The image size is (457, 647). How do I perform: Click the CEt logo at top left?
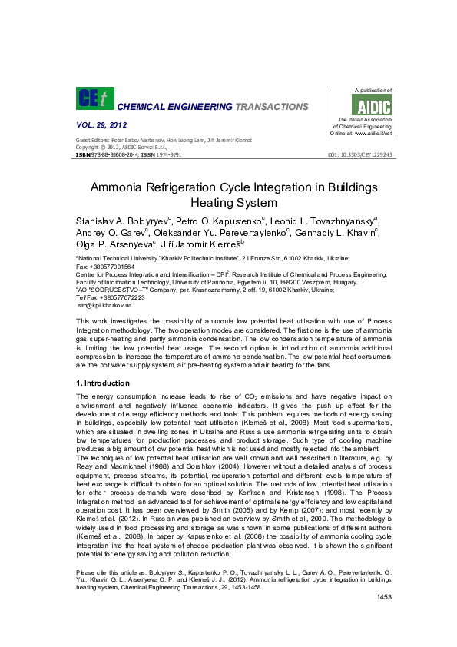tap(93, 98)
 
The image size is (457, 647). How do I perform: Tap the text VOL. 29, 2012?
tap(101, 124)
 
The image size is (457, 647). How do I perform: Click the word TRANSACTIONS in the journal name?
tap(272, 107)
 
